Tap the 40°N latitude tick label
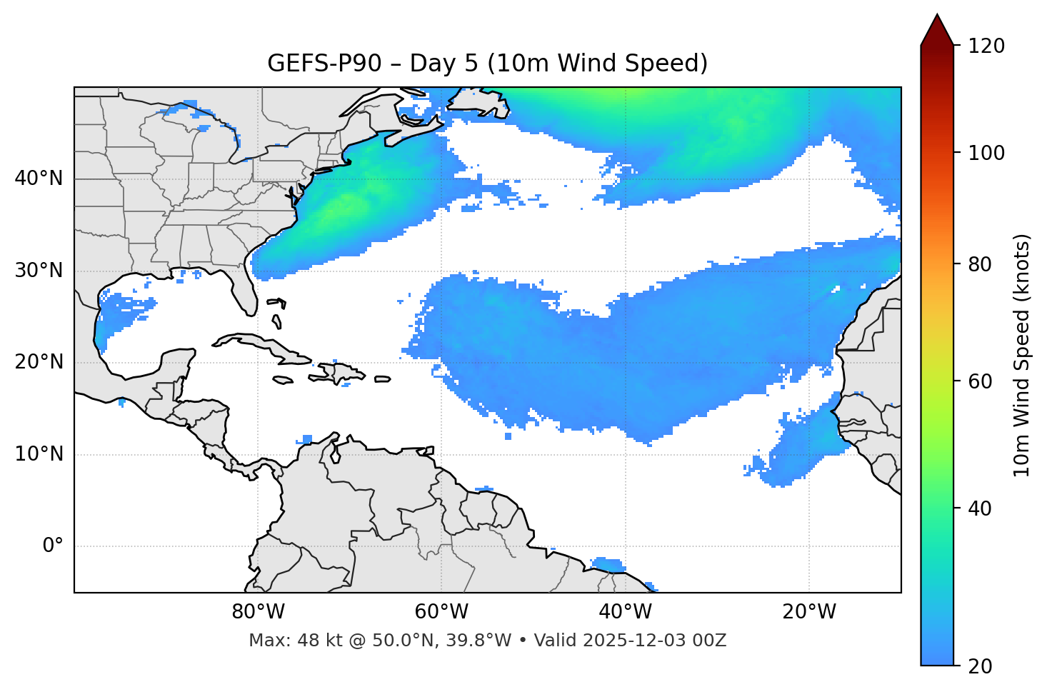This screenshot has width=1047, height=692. click(x=39, y=179)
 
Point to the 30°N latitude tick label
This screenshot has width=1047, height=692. click(x=39, y=271)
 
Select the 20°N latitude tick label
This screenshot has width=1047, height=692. click(x=39, y=362)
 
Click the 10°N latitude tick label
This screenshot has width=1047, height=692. click(x=39, y=454)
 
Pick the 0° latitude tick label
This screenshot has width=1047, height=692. click(x=53, y=546)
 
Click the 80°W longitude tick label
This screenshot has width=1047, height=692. click(x=258, y=612)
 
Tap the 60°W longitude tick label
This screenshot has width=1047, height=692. click(x=441, y=612)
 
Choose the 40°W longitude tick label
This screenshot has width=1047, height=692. click(x=625, y=612)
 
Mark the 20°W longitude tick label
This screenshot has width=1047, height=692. click(x=809, y=612)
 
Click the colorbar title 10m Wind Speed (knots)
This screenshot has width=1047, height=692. click(x=1022, y=355)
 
